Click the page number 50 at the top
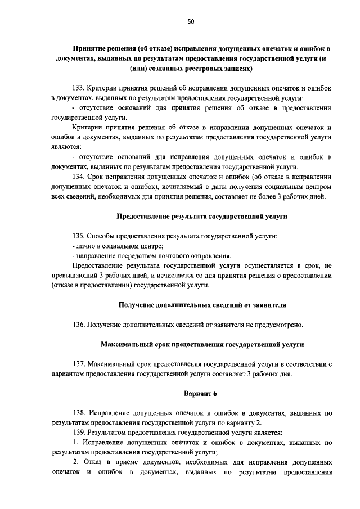point(191,21)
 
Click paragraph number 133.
point(79,88)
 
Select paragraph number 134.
point(79,177)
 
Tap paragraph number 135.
point(79,236)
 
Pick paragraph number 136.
point(79,325)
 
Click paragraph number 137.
point(79,363)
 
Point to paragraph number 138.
point(79,413)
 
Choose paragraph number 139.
point(79,432)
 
